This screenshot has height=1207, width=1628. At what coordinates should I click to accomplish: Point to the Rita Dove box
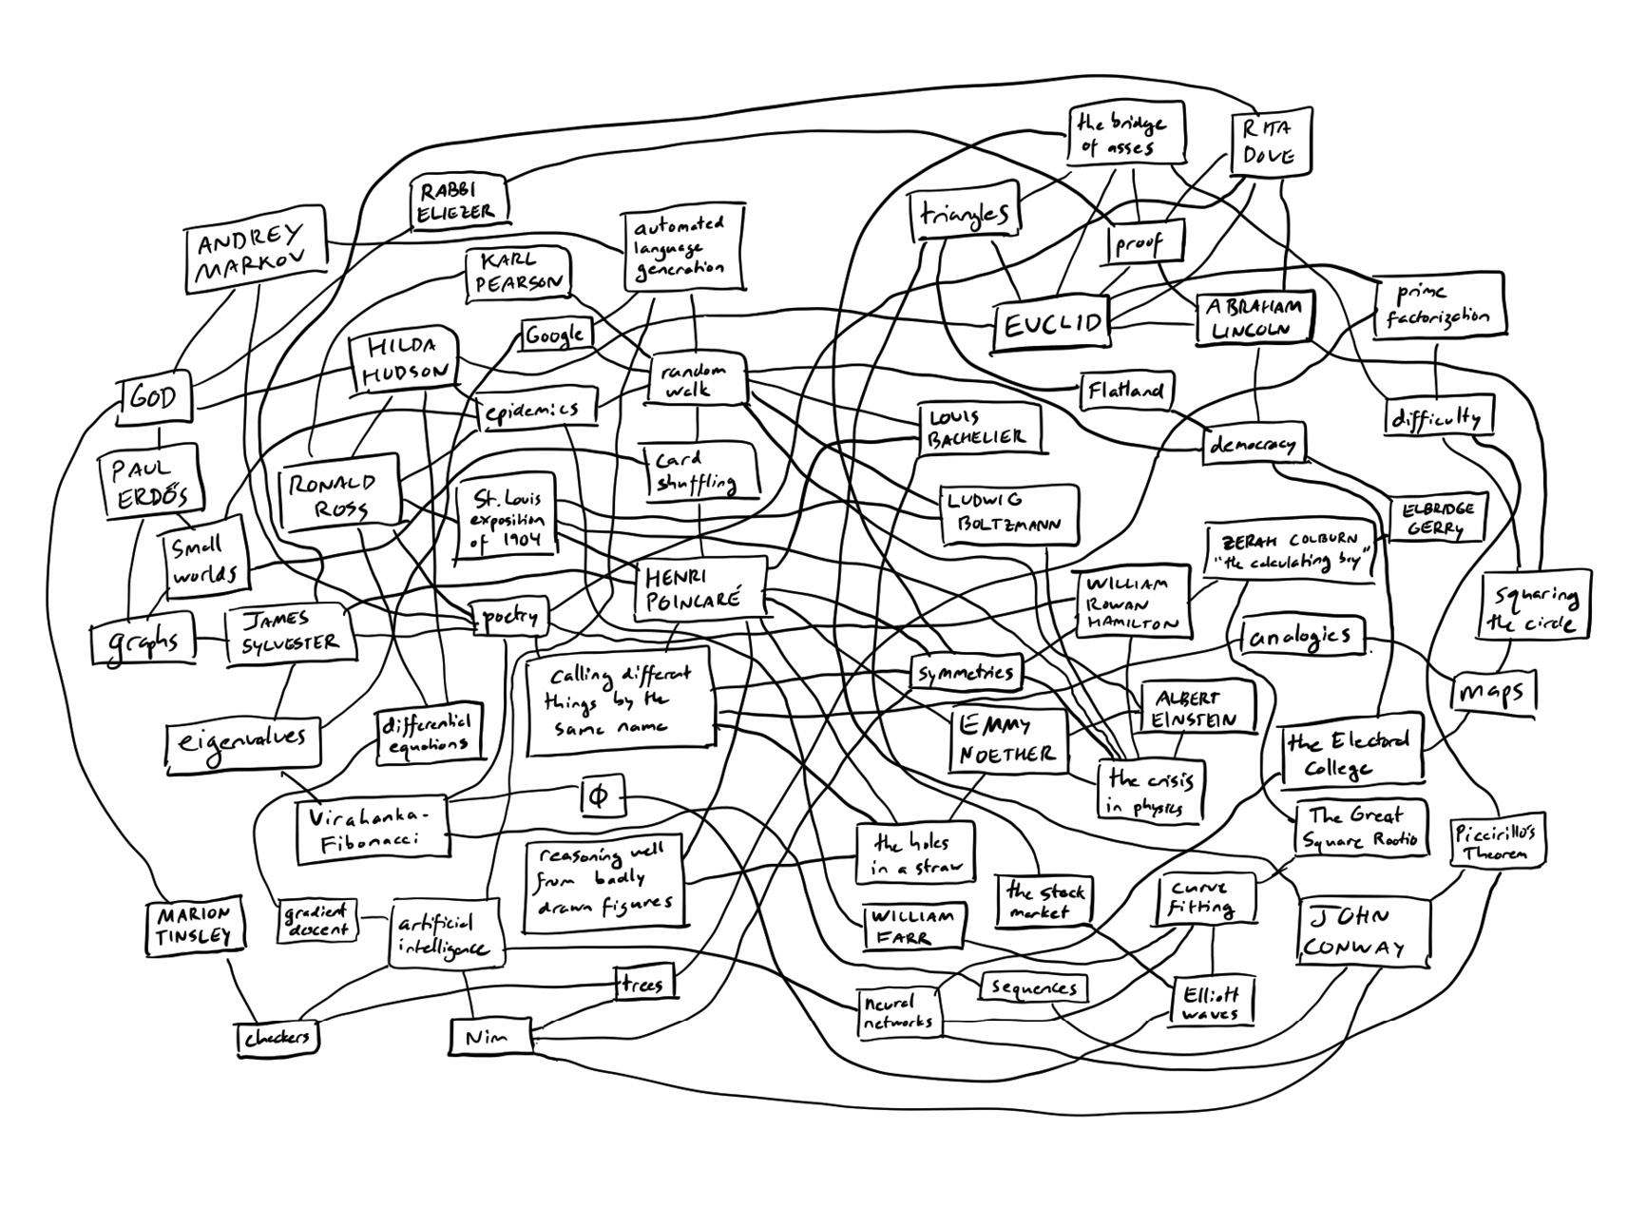pos(1271,143)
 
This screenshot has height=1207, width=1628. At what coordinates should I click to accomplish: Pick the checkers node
pos(277,1038)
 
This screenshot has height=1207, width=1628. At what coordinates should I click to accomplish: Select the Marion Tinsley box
pos(195,925)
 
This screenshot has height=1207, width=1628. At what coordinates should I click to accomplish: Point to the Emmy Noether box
pos(1008,739)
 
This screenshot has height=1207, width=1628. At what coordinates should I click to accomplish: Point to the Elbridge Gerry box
pos(1437,517)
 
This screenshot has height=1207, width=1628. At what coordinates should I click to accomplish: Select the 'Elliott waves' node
pos(1211,1003)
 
